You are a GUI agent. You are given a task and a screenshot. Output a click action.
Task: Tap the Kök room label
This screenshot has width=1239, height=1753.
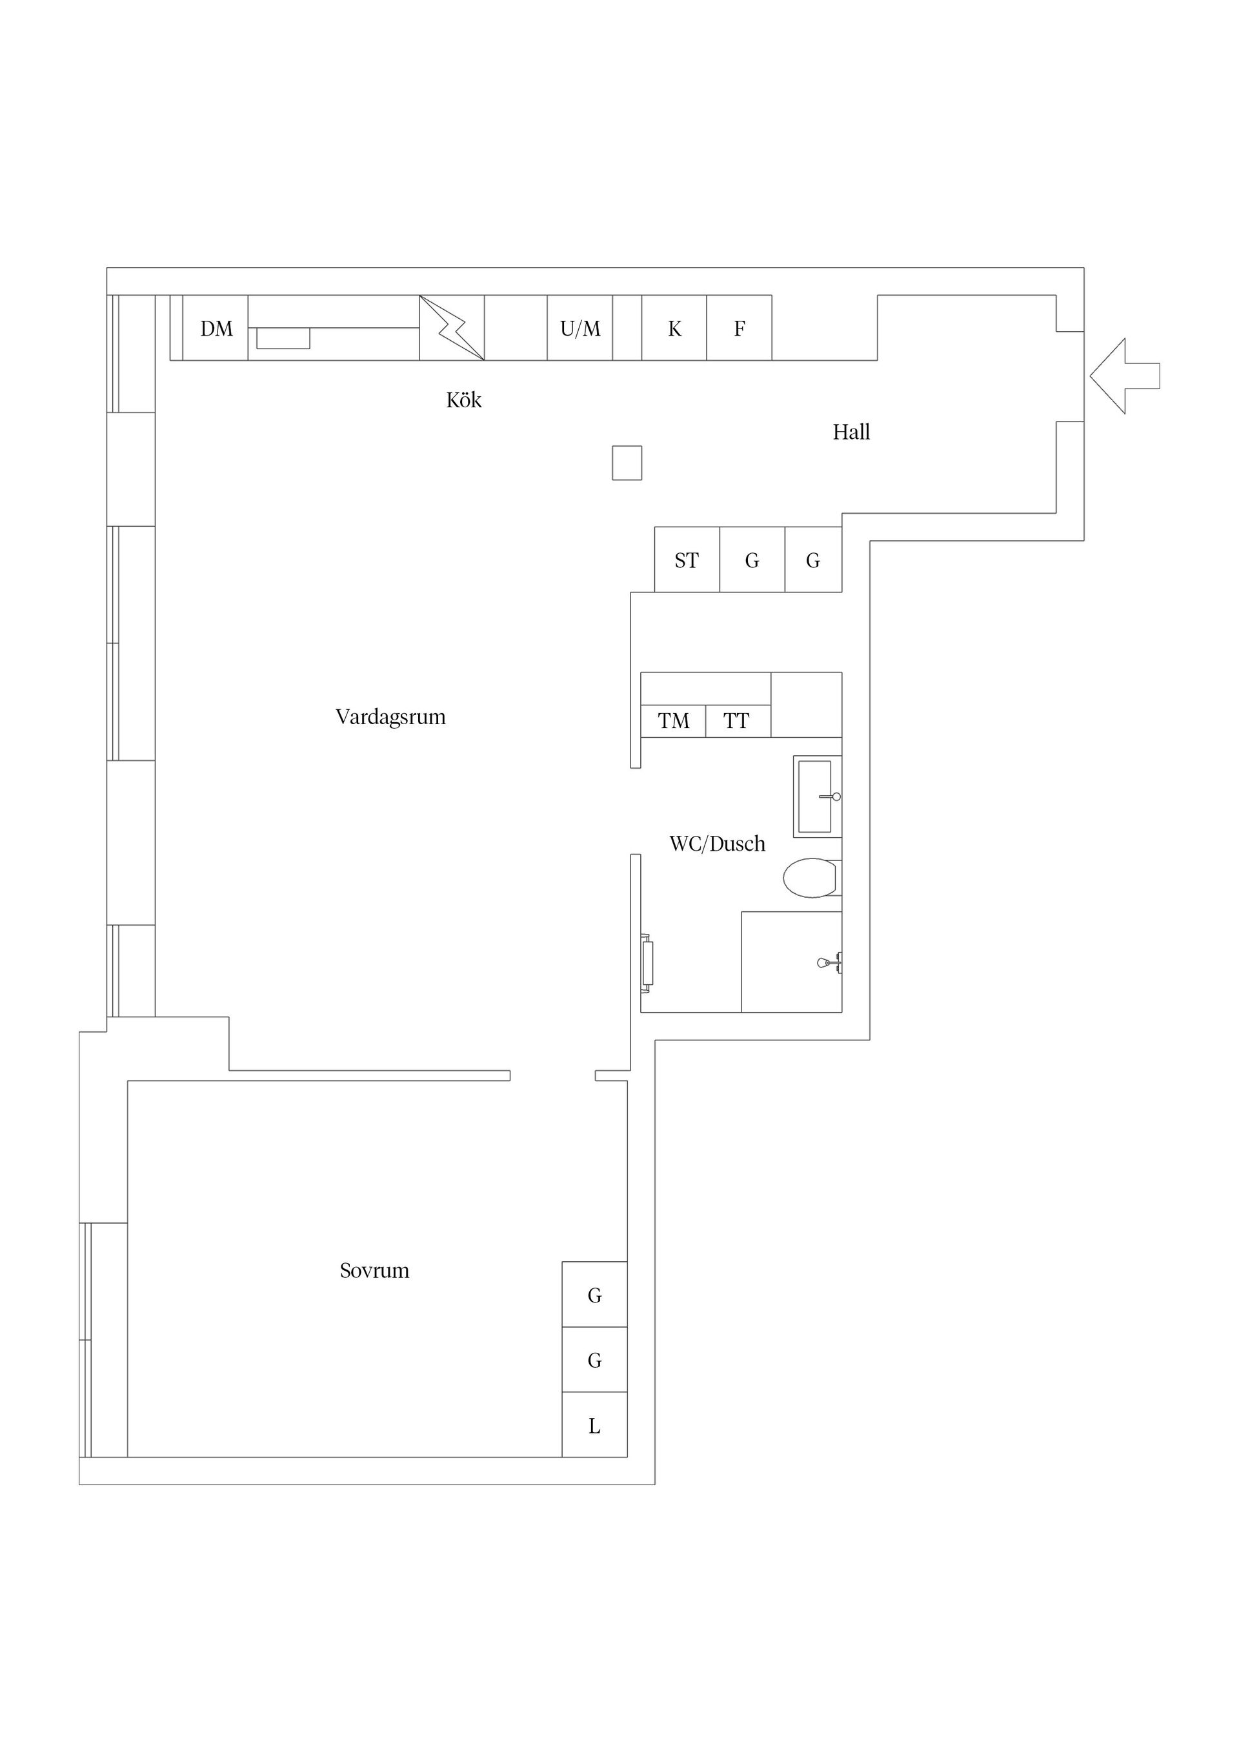pos(463,400)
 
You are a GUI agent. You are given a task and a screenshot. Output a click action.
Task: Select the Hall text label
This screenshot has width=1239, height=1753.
pos(851,432)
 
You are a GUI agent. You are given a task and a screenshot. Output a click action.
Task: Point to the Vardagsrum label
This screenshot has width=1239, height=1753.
pos(390,717)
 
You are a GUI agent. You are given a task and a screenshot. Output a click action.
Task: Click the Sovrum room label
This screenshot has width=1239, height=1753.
pos(374,1270)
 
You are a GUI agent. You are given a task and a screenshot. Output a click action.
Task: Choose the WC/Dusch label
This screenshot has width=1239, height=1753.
pos(717,844)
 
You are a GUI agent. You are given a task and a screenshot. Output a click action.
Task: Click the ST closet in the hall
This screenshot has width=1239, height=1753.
pos(687,560)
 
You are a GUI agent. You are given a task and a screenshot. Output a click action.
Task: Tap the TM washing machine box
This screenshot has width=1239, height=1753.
pos(673,721)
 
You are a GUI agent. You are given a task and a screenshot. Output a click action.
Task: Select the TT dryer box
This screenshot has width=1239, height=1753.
pos(738,721)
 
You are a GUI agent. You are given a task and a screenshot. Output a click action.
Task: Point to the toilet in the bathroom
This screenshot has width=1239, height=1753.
pos(812,877)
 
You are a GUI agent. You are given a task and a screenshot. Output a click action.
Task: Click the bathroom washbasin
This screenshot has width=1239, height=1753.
pos(818,796)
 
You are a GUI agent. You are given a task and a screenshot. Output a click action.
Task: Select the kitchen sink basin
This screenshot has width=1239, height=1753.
pos(283,338)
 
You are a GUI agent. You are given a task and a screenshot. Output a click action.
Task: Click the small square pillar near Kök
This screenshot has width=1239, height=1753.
pos(627,463)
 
